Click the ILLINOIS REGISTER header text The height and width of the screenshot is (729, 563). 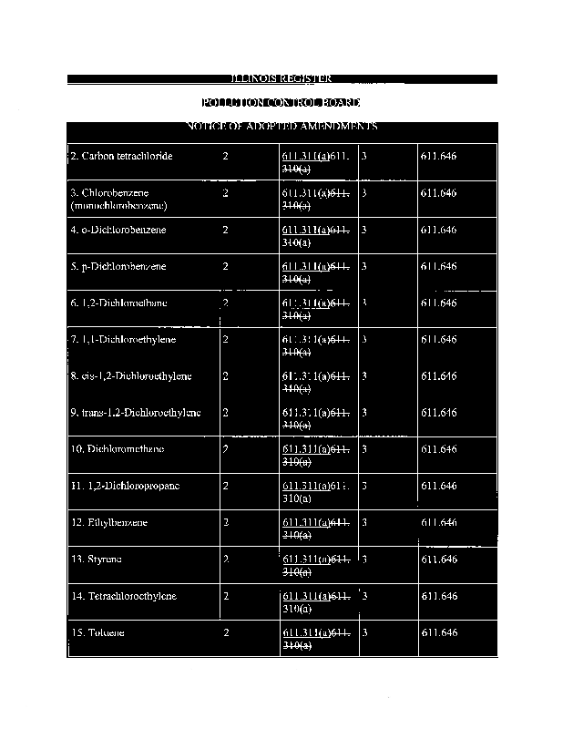click(281, 79)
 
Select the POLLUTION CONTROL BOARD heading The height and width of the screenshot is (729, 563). click(281, 102)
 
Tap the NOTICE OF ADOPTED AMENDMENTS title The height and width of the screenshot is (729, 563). click(281, 126)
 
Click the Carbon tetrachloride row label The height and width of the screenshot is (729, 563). click(121, 157)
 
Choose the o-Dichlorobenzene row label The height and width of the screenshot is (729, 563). click(118, 231)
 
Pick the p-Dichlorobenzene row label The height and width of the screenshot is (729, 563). click(118, 267)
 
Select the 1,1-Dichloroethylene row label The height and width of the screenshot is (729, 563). click(123, 340)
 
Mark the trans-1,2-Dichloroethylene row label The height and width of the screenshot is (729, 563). click(135, 413)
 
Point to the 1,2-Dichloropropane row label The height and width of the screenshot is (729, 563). click(125, 486)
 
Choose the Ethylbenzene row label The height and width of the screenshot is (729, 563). click(109, 522)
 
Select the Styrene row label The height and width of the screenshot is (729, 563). click(97, 559)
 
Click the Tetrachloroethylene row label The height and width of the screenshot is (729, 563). click(124, 595)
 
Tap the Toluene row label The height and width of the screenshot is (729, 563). click(97, 632)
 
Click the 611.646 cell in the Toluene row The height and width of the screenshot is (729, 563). click(439, 632)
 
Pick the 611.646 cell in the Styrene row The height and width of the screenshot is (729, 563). click(439, 559)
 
